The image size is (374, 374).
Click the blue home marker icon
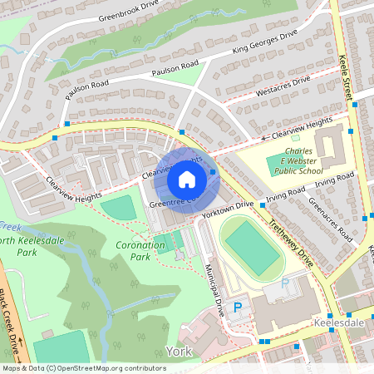click(x=187, y=180)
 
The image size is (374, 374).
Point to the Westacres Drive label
click(x=283, y=86)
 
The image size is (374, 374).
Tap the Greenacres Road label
click(x=330, y=219)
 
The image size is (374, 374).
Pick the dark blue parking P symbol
click(x=237, y=308)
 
